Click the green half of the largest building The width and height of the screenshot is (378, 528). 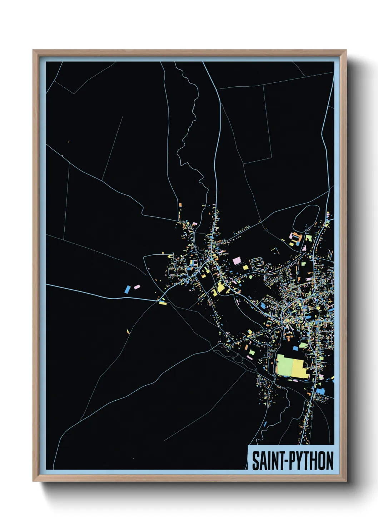[x=285, y=365]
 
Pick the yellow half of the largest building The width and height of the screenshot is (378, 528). [x=299, y=367]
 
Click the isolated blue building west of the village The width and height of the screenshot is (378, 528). [x=127, y=289]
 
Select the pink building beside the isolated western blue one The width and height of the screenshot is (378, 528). [x=136, y=287]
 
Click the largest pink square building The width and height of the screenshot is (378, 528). [x=237, y=261]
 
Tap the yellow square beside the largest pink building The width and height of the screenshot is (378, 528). [x=245, y=267]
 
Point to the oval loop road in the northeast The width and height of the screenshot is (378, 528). [x=306, y=216]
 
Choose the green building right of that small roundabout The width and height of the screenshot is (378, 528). [x=308, y=238]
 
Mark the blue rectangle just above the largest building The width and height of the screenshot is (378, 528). [x=295, y=348]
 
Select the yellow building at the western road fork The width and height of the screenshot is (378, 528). [x=163, y=303]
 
